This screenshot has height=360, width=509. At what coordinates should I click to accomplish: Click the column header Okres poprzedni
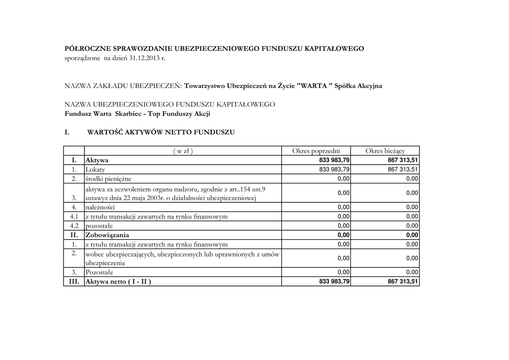(x=316, y=151)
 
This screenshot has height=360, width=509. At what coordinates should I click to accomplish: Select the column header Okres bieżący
(x=385, y=151)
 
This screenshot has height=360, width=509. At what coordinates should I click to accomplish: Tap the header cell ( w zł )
(x=183, y=151)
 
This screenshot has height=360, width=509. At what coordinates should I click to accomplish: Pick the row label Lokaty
(x=95, y=170)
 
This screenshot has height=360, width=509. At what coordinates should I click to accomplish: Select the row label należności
(x=100, y=207)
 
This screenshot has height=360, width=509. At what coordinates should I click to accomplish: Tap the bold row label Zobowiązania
(x=107, y=235)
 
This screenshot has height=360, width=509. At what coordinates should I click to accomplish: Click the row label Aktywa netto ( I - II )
(x=118, y=281)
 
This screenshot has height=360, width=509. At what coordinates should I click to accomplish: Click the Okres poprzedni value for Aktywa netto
(x=334, y=281)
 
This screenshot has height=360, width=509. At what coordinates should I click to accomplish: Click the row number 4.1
(x=74, y=216)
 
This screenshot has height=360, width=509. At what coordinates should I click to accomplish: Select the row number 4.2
(x=74, y=225)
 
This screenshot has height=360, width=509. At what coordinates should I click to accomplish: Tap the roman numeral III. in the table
(x=74, y=281)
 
